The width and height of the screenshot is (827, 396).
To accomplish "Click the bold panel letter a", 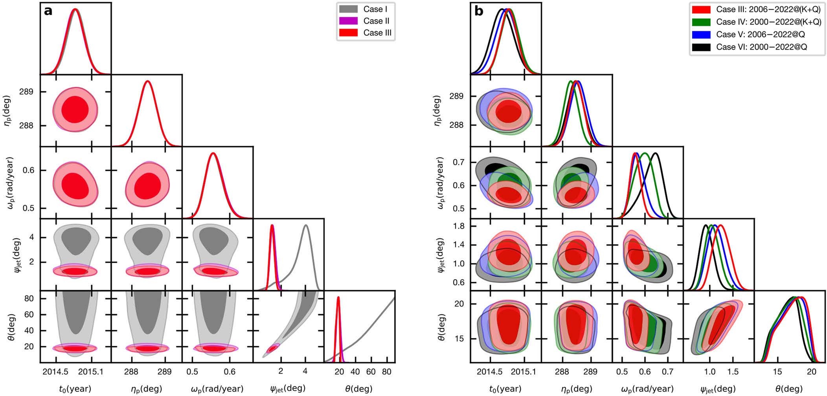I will pyautogui.click(x=48, y=11).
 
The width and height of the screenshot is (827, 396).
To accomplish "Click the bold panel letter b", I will pyautogui.click(x=479, y=11).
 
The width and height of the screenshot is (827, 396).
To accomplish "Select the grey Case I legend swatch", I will pyautogui.click(x=348, y=9).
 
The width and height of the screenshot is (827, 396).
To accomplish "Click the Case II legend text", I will pyautogui.click(x=377, y=21).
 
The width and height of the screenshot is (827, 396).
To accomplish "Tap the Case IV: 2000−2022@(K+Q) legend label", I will pyautogui.click(x=768, y=22).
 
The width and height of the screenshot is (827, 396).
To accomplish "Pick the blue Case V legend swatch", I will pyautogui.click(x=701, y=35).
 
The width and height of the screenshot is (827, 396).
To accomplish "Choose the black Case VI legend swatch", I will pyautogui.click(x=701, y=47).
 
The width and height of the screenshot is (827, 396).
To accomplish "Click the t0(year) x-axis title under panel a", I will pyautogui.click(x=75, y=389).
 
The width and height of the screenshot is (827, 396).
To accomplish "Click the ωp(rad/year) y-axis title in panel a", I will pyautogui.click(x=11, y=182).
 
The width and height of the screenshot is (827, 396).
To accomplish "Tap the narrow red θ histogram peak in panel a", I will pyautogui.click(x=338, y=297).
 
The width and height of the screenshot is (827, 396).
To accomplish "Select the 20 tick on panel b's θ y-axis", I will pyautogui.click(x=458, y=304).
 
